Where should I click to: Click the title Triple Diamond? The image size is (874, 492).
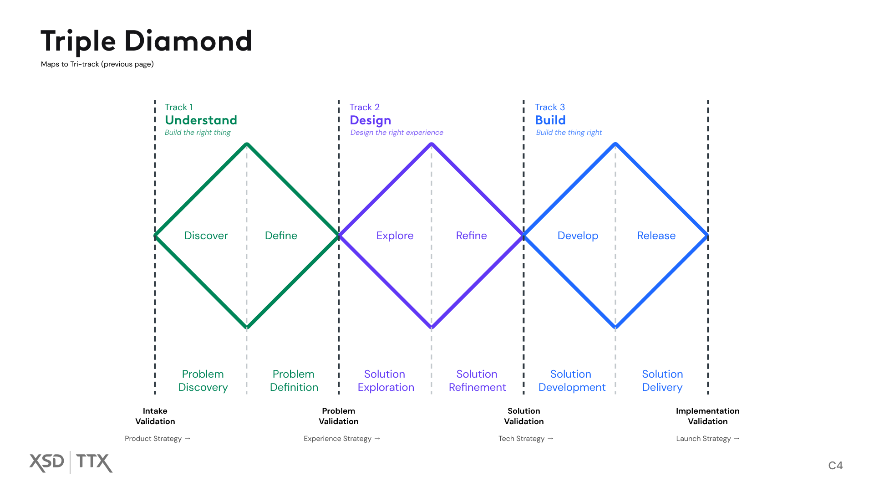click(x=146, y=41)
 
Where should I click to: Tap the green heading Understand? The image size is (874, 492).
click(x=201, y=120)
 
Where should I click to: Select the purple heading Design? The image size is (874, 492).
click(x=370, y=120)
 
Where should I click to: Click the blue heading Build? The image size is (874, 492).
click(x=550, y=120)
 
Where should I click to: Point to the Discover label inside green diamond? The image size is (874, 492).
click(x=206, y=236)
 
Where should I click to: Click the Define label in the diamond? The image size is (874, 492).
click(x=281, y=236)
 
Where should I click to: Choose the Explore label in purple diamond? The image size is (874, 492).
click(x=395, y=236)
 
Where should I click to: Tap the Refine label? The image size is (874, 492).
click(x=471, y=236)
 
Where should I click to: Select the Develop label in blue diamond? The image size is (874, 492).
click(x=578, y=236)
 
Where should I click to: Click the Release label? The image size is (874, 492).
click(x=656, y=236)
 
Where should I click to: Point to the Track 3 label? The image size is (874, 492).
click(x=549, y=107)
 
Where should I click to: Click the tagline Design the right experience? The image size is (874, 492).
click(x=396, y=133)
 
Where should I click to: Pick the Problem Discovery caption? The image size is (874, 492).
click(x=203, y=380)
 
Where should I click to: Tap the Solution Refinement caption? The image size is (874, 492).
click(x=477, y=380)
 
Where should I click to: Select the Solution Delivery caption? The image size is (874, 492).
click(x=662, y=380)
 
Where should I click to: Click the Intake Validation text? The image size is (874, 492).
click(x=155, y=416)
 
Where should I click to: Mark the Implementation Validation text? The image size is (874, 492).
click(x=707, y=416)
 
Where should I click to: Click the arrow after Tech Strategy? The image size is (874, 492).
click(x=550, y=438)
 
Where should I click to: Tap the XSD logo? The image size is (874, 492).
click(x=47, y=462)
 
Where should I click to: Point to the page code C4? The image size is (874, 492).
click(x=835, y=466)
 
